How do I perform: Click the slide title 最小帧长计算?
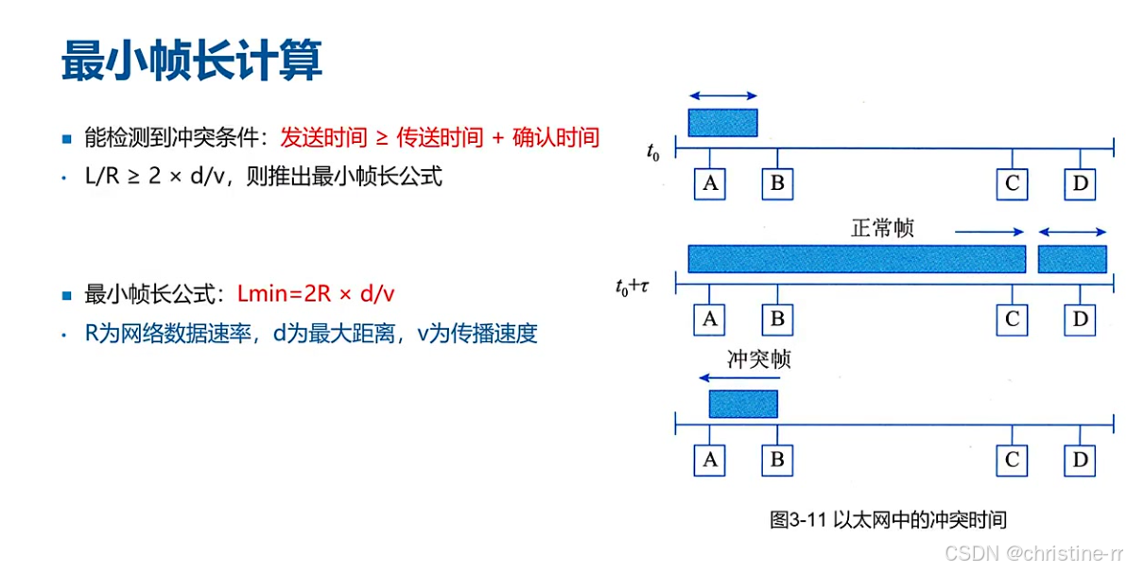(x=192, y=61)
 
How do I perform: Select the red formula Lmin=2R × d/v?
(x=316, y=294)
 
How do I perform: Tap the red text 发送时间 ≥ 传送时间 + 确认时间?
(x=440, y=138)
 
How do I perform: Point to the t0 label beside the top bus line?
(x=652, y=151)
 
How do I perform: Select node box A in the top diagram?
(x=710, y=183)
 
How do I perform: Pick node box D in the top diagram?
(x=1080, y=183)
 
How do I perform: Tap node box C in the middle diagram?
(x=1012, y=319)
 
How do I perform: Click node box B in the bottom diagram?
(x=777, y=460)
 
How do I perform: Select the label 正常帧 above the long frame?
(x=883, y=229)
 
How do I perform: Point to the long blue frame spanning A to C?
(x=857, y=259)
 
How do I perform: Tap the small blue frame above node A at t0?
(x=722, y=123)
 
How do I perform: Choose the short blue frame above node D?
(x=1072, y=259)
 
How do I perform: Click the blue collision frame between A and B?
(x=743, y=404)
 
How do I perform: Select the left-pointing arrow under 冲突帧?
(x=732, y=376)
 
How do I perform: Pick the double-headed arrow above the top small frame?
(x=722, y=95)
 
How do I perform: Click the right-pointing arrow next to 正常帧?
(x=989, y=232)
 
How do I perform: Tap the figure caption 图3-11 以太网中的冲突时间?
(x=888, y=519)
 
